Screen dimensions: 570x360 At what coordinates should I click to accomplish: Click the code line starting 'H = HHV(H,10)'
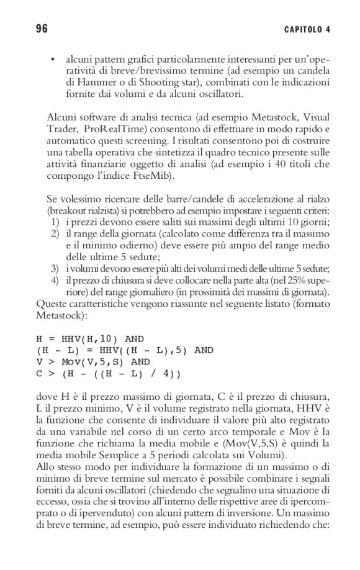point(91,338)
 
